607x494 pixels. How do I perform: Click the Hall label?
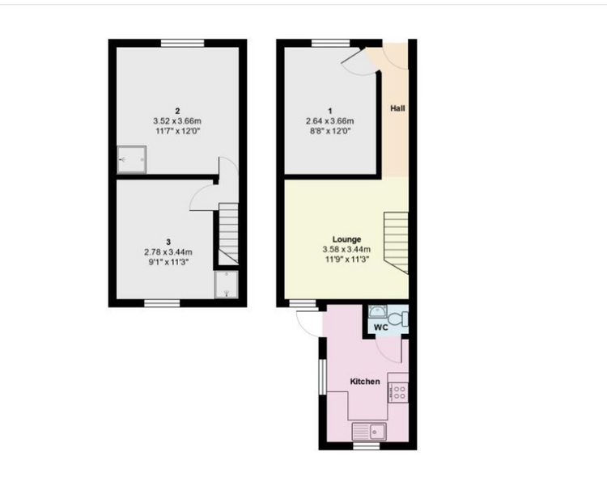coord(397,108)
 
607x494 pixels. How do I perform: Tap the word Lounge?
coord(346,239)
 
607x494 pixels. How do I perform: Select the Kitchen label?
coord(365,382)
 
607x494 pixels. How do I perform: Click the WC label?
coord(381,327)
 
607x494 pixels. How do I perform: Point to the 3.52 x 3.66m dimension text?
coord(177,121)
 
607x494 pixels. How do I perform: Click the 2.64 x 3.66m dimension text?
coord(330,121)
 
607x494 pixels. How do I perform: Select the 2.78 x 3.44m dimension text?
coord(168,252)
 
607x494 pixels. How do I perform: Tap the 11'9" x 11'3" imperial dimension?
coord(347,260)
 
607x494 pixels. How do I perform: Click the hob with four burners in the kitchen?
coord(398,392)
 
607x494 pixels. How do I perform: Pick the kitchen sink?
coord(369,431)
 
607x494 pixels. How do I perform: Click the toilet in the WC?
coord(397,319)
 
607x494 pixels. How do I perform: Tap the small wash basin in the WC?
coord(376,311)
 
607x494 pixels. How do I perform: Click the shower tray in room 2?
coord(132,159)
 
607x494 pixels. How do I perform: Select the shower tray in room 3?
coord(227,285)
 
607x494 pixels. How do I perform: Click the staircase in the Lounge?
coord(396,243)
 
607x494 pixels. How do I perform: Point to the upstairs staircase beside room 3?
coord(228,234)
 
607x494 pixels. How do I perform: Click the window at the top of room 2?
coord(183,43)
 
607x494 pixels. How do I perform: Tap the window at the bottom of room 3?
coord(162,303)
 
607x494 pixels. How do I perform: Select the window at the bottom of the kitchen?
coord(367,446)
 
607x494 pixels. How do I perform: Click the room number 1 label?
coord(330,111)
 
